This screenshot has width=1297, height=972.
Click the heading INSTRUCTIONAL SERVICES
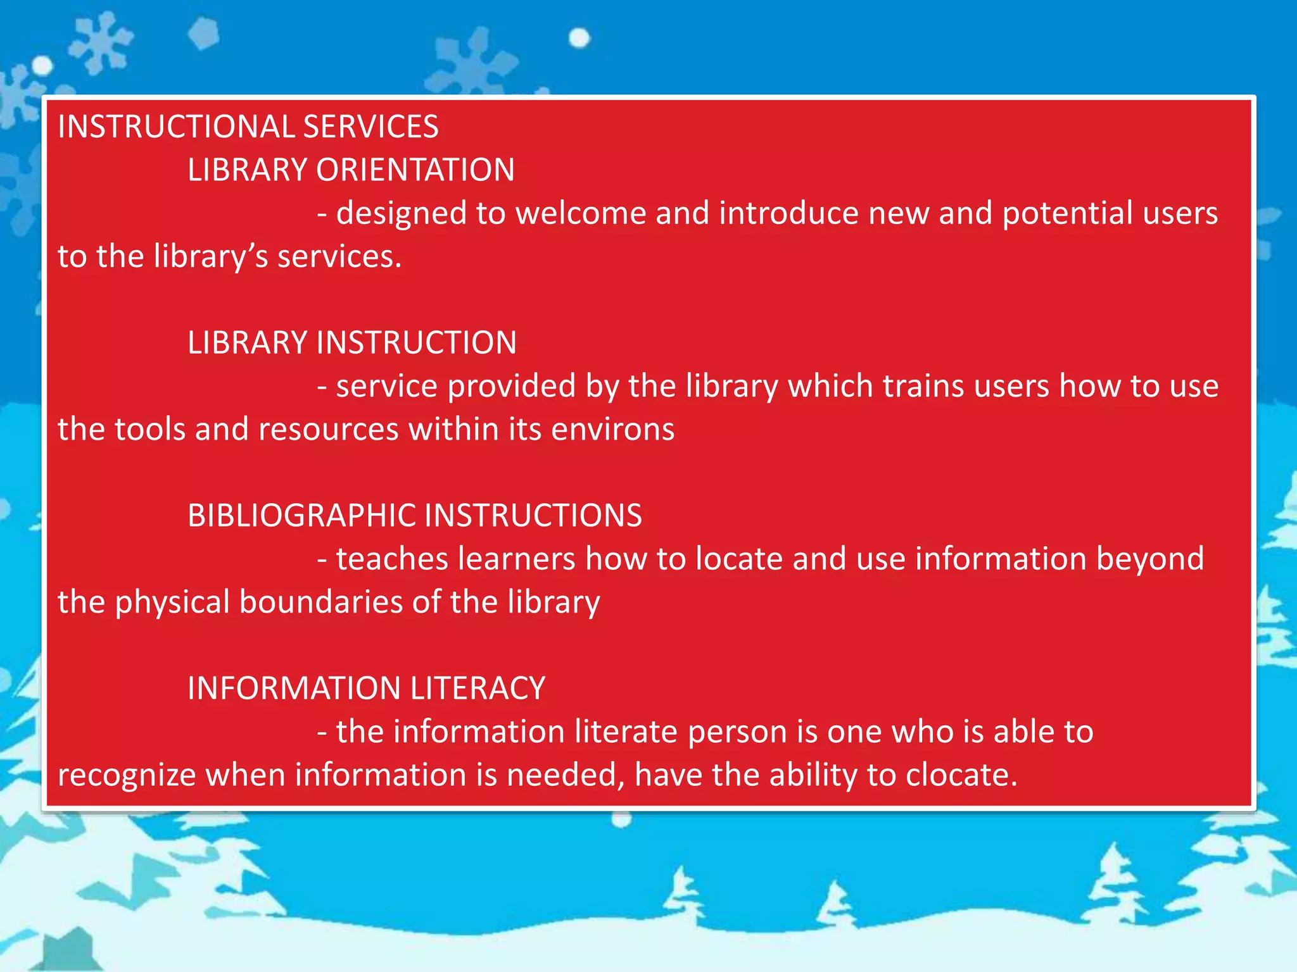248,127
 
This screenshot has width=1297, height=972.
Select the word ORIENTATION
415,170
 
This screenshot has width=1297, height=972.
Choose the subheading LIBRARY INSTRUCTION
351,343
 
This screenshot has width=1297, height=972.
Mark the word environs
612,430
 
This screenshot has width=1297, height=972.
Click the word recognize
127,776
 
